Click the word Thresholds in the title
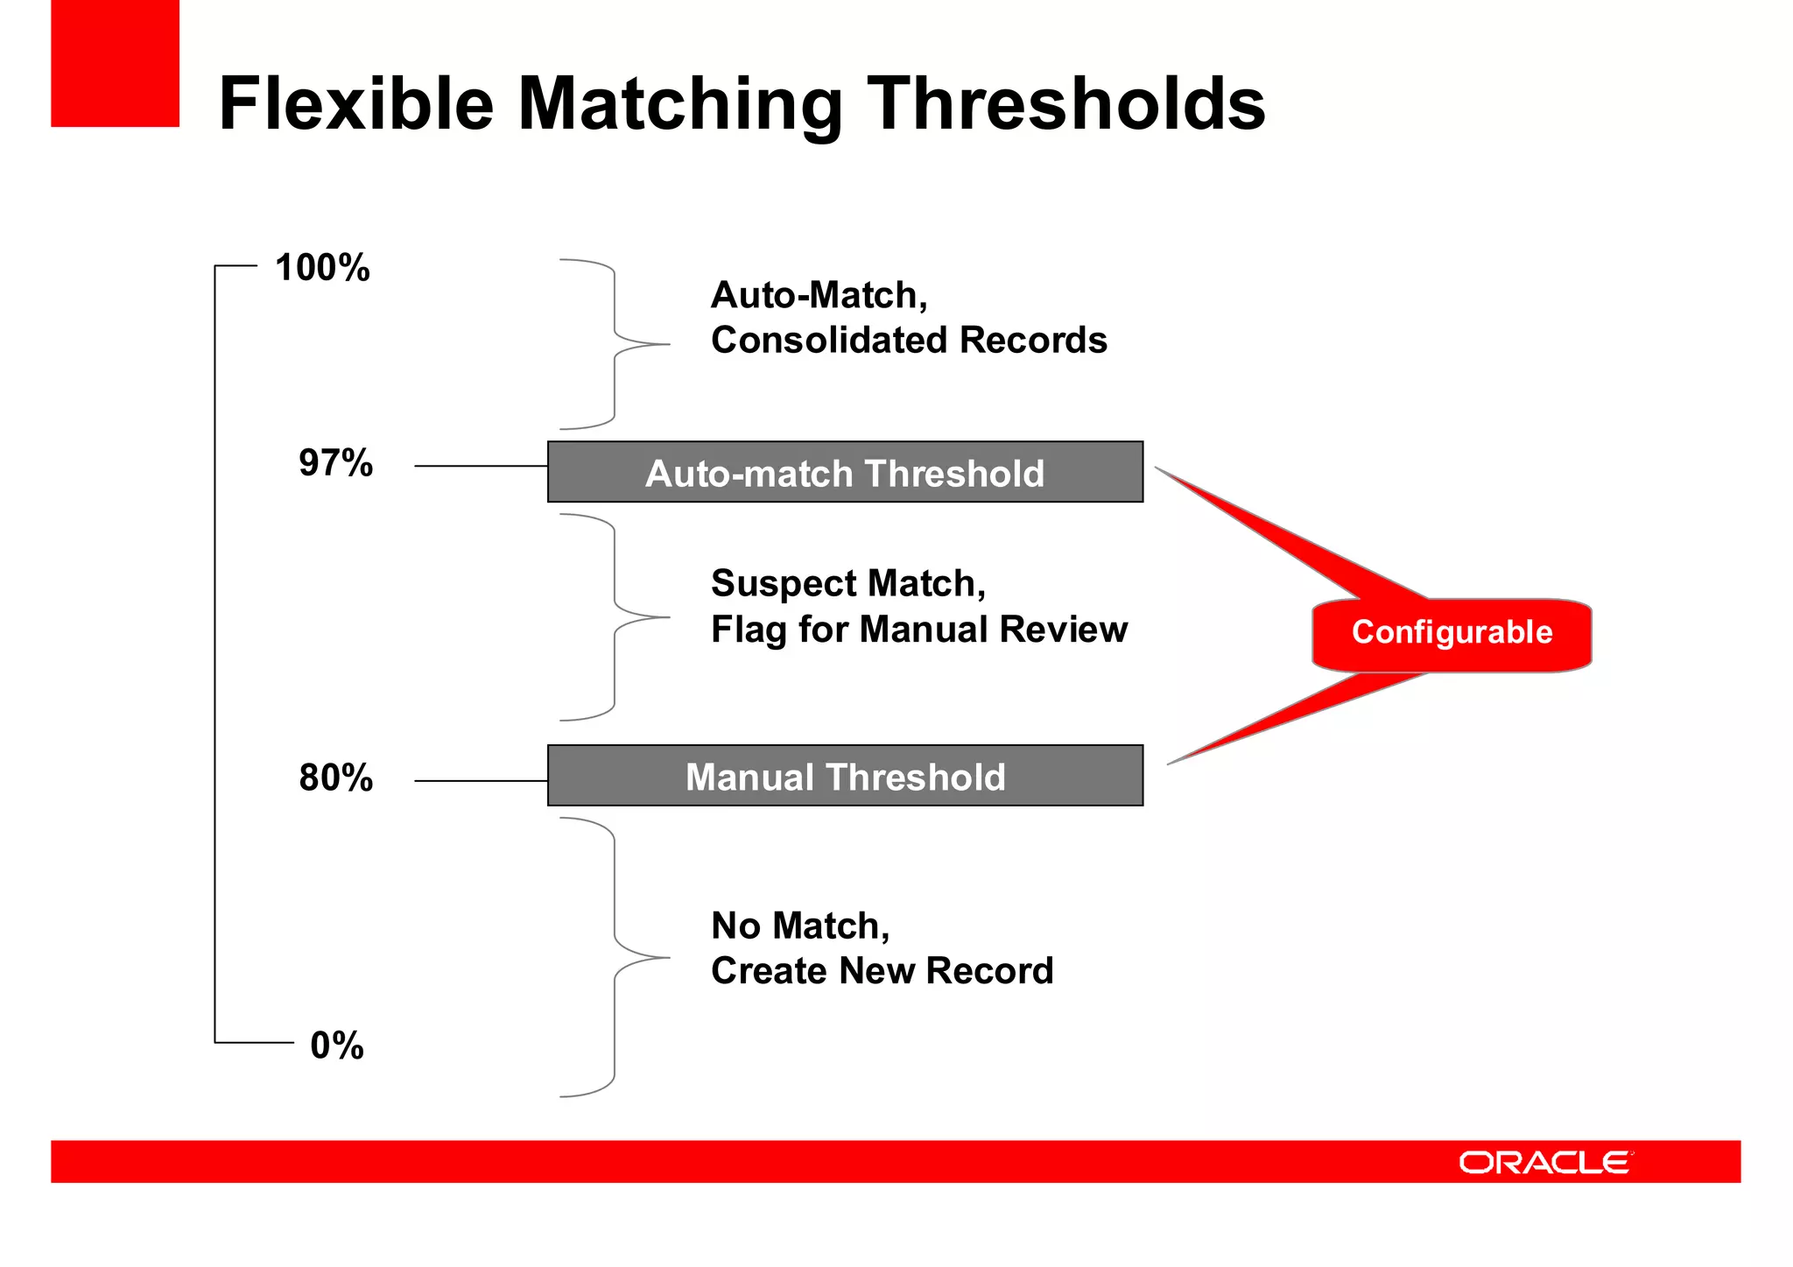(x=1065, y=103)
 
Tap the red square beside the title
(x=115, y=63)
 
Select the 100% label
(x=322, y=268)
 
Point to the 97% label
(x=335, y=463)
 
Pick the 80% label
(x=335, y=778)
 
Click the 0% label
(x=337, y=1045)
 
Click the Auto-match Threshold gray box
(x=845, y=473)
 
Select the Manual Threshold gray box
(x=845, y=777)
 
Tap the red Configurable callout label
(x=1452, y=633)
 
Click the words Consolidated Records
(x=909, y=341)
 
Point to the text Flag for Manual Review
(x=918, y=630)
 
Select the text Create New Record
(x=882, y=971)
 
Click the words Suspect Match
(x=847, y=583)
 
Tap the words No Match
(x=799, y=926)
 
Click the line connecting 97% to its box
(x=481, y=466)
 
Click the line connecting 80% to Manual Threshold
(x=481, y=780)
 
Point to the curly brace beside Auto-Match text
(x=615, y=344)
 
